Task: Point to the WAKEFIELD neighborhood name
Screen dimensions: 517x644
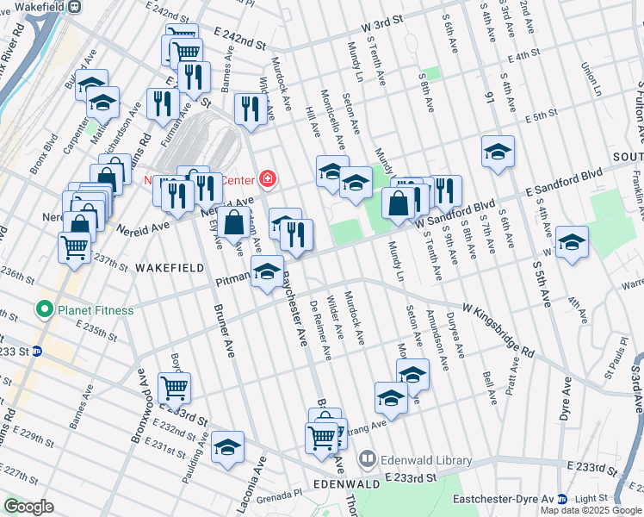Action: click(x=168, y=269)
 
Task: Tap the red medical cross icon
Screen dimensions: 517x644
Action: click(x=269, y=179)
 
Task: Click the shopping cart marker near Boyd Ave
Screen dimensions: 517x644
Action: click(x=175, y=388)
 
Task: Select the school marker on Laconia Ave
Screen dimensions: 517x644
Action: click(x=227, y=445)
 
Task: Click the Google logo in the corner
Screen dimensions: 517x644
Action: click(x=29, y=507)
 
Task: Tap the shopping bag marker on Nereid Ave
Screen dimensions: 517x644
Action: click(x=233, y=221)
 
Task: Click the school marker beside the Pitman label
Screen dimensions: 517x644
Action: click(x=268, y=273)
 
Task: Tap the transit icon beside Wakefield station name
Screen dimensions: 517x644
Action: click(x=75, y=6)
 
